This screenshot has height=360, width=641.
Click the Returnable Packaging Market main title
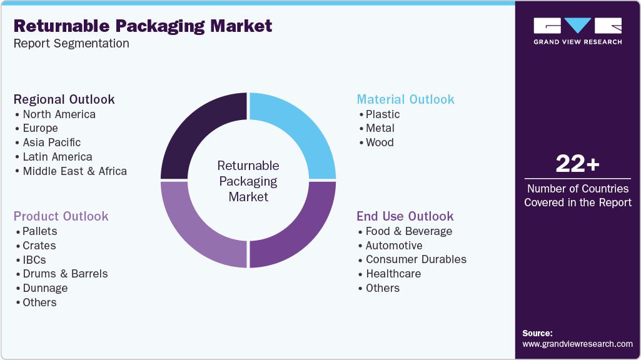point(143,26)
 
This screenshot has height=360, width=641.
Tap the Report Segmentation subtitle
point(71,44)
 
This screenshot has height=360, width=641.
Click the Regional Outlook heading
point(64,99)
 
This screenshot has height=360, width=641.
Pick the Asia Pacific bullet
point(51,142)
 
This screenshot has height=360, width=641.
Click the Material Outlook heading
point(405,99)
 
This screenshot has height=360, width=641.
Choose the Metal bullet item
point(380,128)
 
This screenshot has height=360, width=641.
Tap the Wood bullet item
point(380,142)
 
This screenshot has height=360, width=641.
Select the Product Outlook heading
point(61,216)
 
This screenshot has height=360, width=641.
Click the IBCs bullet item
point(34,260)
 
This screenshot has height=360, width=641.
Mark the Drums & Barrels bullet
point(65,274)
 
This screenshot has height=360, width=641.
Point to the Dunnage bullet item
point(44,288)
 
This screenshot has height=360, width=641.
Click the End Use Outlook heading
point(405,216)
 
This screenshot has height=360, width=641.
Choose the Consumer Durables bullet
point(416,259)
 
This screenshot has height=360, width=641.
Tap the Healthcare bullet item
point(393,274)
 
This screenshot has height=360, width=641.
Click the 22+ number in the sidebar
point(577,164)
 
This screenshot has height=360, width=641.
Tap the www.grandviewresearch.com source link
point(577,344)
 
